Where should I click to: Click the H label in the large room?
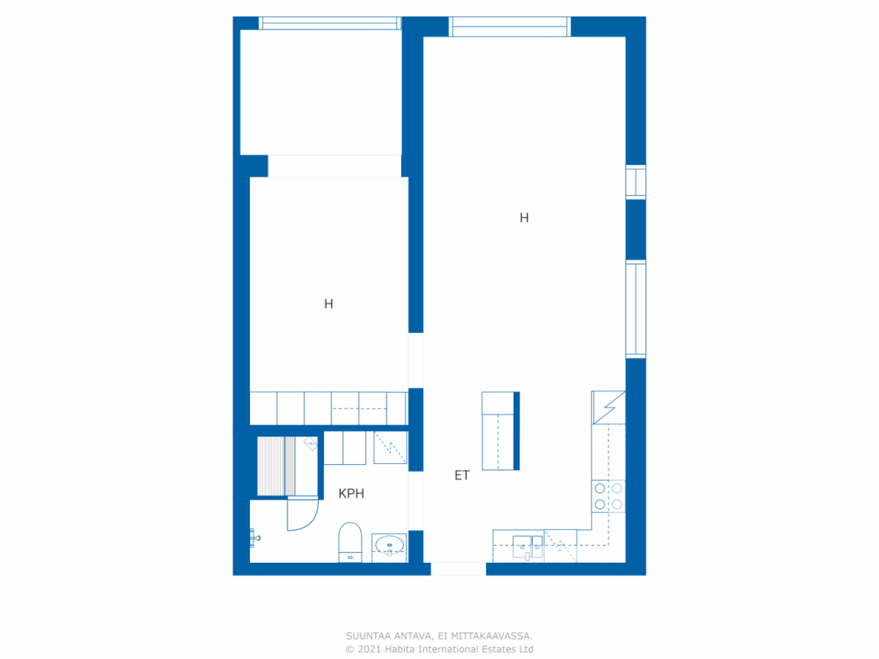[524, 218]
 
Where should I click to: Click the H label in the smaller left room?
[328, 304]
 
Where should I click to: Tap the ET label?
[461, 475]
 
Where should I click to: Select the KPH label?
[351, 494]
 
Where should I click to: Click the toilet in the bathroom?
[350, 542]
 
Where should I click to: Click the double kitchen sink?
[527, 547]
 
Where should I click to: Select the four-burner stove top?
[608, 496]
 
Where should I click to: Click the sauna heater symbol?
[310, 443]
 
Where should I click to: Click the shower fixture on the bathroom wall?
[255, 538]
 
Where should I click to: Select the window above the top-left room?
[330, 23]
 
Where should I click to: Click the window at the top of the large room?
[510, 27]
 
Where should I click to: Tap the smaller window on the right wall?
[636, 182]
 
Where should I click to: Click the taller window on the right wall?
[636, 309]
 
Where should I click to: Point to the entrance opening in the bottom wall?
[458, 569]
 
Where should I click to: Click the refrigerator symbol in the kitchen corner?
[608, 407]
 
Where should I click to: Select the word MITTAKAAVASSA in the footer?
[491, 636]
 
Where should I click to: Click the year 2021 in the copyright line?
[369, 649]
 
